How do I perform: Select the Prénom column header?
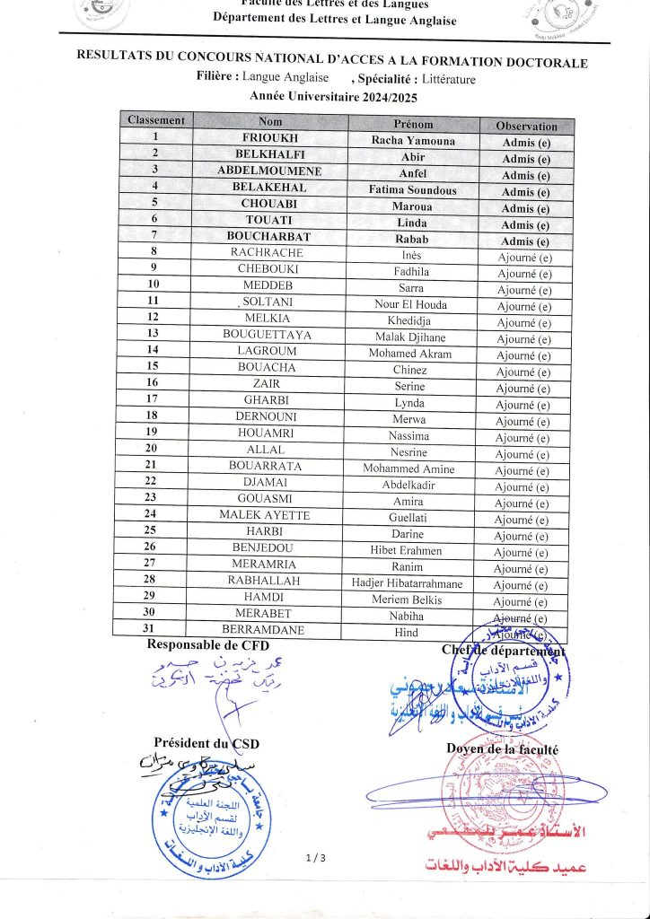413,124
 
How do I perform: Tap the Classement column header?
156,120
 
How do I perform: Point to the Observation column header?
526,127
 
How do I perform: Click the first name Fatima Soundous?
413,189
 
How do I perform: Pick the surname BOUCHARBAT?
268,239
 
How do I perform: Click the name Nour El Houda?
410,304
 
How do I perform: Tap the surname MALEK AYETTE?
265,515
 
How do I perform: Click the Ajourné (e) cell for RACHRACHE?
524,258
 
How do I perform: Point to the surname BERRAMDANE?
263,630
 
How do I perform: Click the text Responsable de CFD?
207,644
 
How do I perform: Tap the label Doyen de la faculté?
502,748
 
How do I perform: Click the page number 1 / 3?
315,859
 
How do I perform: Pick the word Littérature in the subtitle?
445,79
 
